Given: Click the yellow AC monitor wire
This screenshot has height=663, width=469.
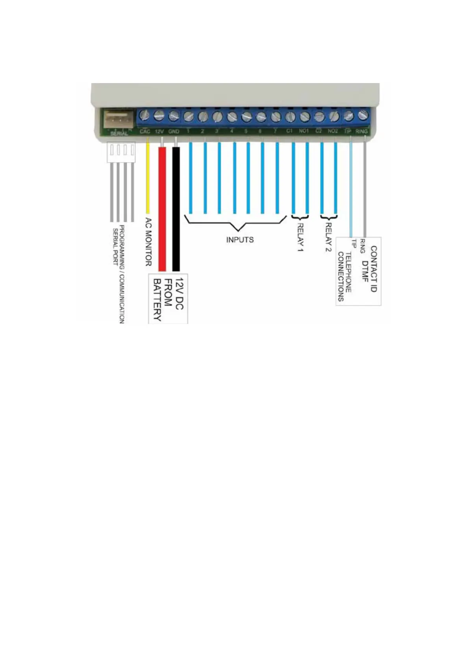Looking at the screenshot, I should tap(148, 177).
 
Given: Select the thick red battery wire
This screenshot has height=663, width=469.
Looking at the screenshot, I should tap(162, 209).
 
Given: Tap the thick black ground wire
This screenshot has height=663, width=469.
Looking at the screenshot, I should tap(176, 209).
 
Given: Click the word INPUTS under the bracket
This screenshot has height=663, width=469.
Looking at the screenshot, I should tap(240, 240).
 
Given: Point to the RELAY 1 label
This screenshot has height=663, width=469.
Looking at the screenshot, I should tap(300, 237).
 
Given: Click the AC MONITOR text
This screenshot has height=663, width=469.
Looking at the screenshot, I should tap(148, 241).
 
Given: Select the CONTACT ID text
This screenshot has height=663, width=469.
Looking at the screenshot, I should tap(374, 269).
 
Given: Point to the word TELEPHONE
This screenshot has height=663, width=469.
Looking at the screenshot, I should tap(349, 272).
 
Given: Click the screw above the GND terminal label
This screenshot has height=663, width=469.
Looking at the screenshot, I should tap(174, 116).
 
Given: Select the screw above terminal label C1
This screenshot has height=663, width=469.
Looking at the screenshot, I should tap(290, 117).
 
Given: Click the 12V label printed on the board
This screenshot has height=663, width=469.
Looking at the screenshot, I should tap(159, 131).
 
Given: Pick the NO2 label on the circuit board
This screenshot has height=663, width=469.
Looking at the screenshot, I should tap(333, 131).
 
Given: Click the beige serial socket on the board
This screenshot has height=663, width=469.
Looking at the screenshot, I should tap(118, 119).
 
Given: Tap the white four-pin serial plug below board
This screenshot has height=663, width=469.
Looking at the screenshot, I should tap(121, 152).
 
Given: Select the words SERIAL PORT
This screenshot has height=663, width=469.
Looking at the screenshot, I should tap(115, 246).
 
